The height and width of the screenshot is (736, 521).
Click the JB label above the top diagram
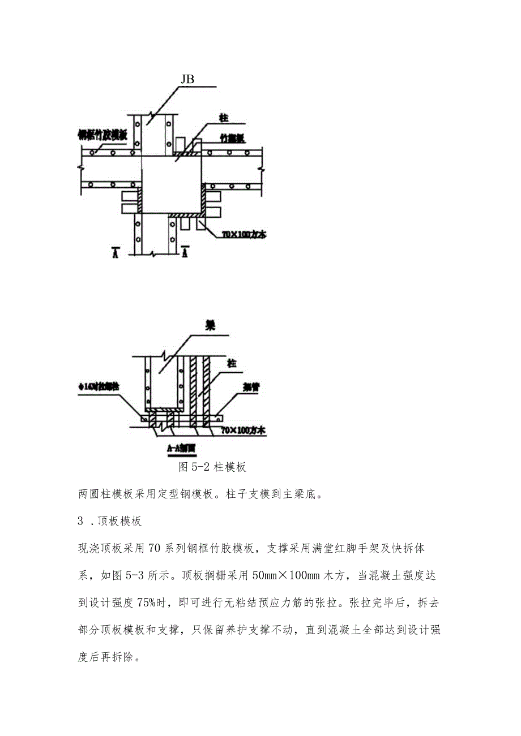point(187,80)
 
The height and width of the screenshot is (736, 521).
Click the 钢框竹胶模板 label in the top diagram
point(103,135)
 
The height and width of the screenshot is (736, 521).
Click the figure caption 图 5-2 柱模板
point(212,467)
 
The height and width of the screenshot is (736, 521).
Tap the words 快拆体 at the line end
point(420,549)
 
